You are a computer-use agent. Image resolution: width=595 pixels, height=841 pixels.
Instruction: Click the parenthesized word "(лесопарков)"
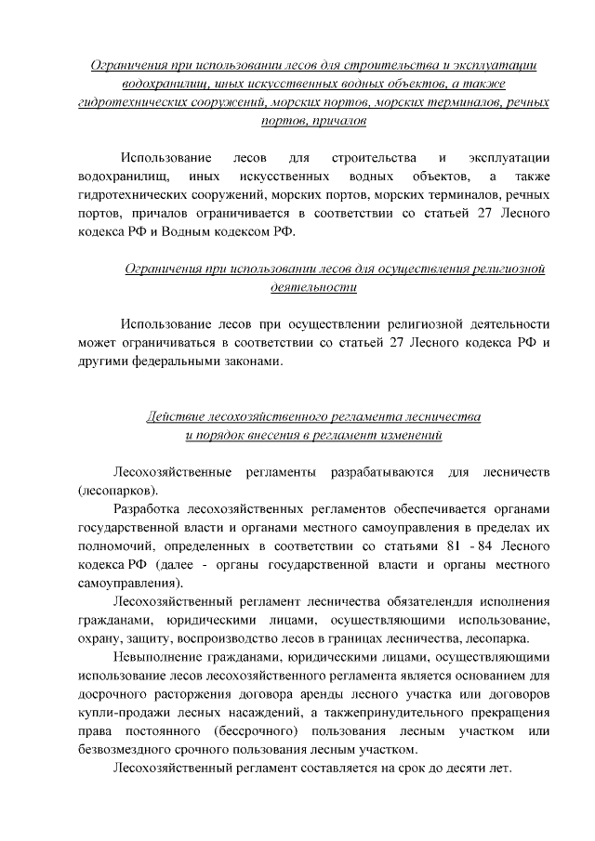[x=118, y=490]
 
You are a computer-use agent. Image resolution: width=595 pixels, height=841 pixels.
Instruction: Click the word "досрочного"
[x=116, y=694]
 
